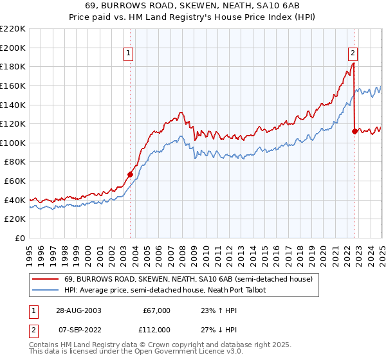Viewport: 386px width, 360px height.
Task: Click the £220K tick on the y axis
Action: pos(14,29)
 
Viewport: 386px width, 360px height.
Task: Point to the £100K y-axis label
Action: pos(14,143)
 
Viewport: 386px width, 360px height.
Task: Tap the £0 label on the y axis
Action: pos(21,239)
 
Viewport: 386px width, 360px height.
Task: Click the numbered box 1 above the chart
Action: pos(129,53)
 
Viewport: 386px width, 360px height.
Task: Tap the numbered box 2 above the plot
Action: pos(353,53)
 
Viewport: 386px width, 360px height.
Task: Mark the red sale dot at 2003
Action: pos(131,174)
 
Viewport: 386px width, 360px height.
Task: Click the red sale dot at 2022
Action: pos(354,131)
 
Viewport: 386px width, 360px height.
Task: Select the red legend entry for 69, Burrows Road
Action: pos(188,279)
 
